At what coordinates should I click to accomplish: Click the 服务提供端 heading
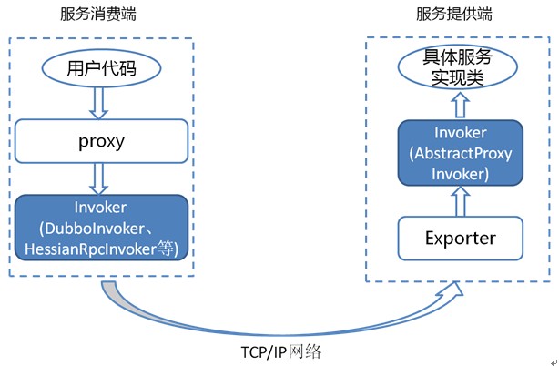[x=454, y=15]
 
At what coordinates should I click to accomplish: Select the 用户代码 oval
[x=103, y=68]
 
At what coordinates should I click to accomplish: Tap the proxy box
[x=102, y=143]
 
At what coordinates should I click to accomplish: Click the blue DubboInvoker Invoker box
[x=103, y=226]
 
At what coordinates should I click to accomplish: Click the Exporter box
[x=460, y=238]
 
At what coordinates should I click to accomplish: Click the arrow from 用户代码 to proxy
[x=103, y=104]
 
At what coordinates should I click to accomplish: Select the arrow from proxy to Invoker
[x=103, y=179]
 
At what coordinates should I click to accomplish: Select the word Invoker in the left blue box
[x=103, y=208]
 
